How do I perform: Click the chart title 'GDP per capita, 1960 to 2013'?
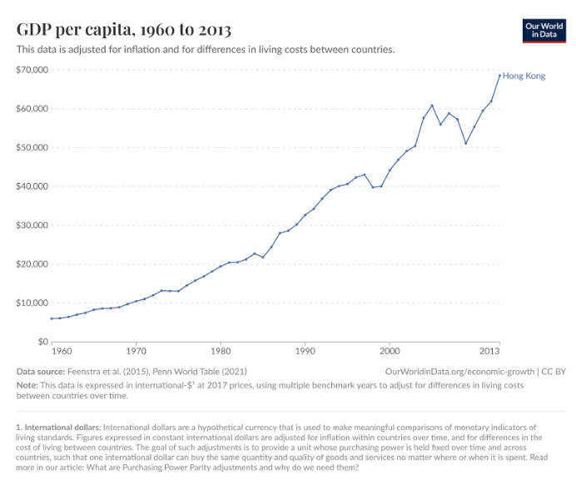[x=124, y=30]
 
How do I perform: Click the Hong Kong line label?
[x=524, y=76]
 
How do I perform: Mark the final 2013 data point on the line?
[x=499, y=76]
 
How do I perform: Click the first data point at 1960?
[x=52, y=319]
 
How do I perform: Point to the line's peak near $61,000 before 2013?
[x=432, y=106]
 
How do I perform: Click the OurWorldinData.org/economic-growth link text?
[x=460, y=371]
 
